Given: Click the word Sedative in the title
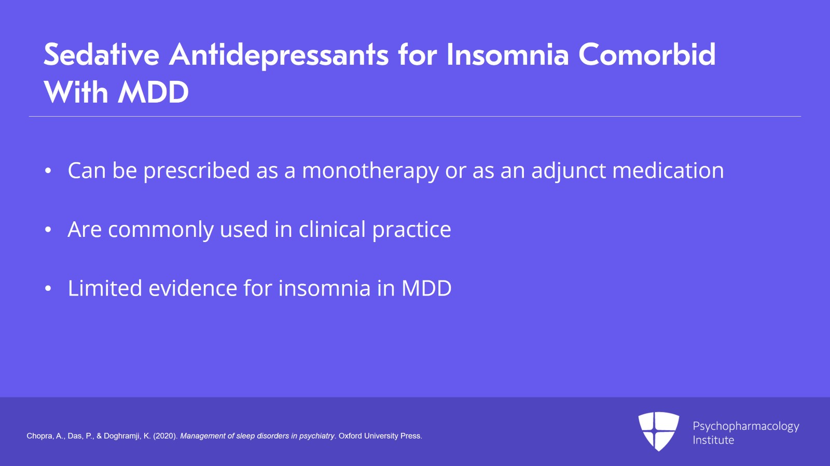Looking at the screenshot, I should point(101,54).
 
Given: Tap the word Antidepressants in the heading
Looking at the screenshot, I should point(279,55).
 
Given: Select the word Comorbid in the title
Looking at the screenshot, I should point(647,54).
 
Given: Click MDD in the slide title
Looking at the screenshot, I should point(153,93).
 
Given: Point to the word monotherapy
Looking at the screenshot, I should point(370,171).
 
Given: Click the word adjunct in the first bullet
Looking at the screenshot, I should point(569,171).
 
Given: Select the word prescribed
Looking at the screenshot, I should point(197,171).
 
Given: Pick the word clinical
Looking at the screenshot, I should point(332,229).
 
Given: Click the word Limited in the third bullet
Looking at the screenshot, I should point(105,288).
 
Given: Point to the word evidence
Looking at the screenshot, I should point(192,288).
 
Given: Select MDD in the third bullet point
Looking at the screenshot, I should point(426,288).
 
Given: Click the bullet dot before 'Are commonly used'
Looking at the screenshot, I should point(48,230).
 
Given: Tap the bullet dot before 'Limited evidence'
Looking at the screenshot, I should point(48,289).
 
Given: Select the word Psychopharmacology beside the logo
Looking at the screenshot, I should point(745,426).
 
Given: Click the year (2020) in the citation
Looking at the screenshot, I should point(165,436).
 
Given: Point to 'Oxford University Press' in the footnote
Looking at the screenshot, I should point(380,436).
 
